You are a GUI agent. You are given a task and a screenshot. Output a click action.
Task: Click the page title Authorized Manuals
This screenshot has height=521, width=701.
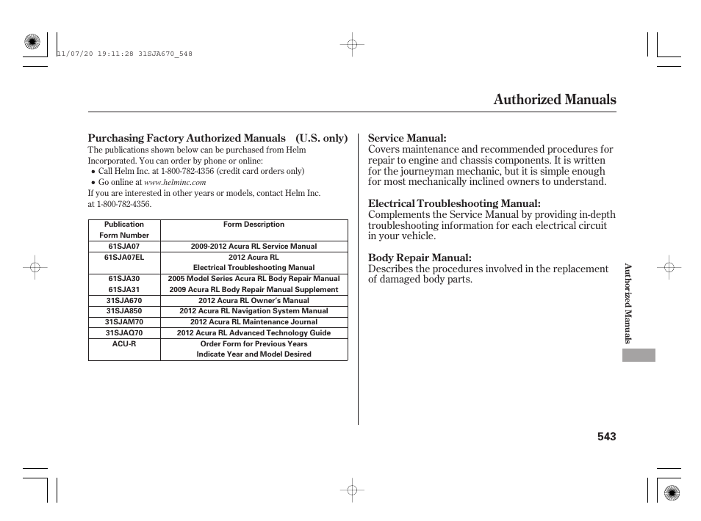[555, 100]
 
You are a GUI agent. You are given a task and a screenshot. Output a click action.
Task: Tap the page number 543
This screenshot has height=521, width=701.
[606, 437]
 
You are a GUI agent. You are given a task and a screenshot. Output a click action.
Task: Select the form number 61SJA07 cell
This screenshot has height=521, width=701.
[124, 247]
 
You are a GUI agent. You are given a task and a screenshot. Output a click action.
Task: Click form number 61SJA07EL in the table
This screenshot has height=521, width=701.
[124, 258]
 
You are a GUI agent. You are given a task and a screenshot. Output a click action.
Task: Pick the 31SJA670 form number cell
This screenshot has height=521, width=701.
[124, 301]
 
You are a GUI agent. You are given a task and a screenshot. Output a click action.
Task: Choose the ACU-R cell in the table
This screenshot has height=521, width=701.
[124, 343]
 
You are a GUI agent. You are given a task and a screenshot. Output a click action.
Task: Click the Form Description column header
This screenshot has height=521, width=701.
[254, 225]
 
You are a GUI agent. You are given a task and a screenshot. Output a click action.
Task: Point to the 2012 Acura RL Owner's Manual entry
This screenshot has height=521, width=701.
[254, 301]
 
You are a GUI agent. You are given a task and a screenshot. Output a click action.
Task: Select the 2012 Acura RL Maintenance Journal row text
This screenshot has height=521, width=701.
[254, 322]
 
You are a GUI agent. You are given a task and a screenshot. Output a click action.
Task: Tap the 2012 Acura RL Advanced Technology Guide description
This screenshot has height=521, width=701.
[254, 333]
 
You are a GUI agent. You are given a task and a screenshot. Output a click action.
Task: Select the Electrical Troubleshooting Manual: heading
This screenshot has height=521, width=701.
[454, 203]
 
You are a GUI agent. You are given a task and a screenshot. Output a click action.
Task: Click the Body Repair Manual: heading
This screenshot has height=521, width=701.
[420, 258]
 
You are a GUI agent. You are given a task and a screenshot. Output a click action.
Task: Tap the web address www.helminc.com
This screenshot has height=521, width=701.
[175, 183]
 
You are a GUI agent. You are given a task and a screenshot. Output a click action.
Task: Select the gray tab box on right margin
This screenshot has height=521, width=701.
[638, 354]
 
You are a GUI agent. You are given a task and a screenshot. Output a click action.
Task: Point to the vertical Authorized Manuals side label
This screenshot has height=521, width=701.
[628, 303]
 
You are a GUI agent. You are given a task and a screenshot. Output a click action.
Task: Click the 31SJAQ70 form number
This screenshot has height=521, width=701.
[124, 333]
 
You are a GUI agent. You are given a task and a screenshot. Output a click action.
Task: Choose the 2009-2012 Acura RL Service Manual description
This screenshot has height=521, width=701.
[254, 247]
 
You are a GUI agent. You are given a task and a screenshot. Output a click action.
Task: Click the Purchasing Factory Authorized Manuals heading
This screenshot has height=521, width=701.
[187, 139]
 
